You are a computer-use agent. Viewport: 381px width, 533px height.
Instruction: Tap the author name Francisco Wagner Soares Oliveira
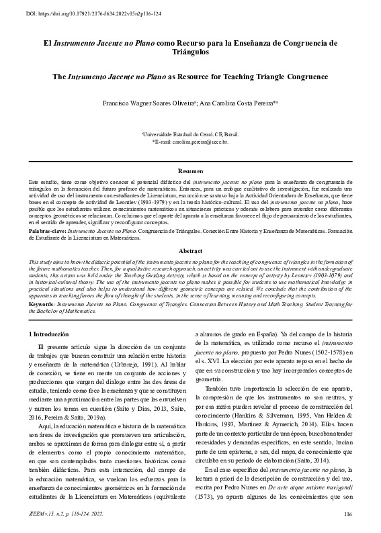(x=145, y=105)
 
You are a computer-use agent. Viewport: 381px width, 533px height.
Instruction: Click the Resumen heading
(x=190, y=173)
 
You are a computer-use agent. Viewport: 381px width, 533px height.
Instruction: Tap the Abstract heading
(x=190, y=250)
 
